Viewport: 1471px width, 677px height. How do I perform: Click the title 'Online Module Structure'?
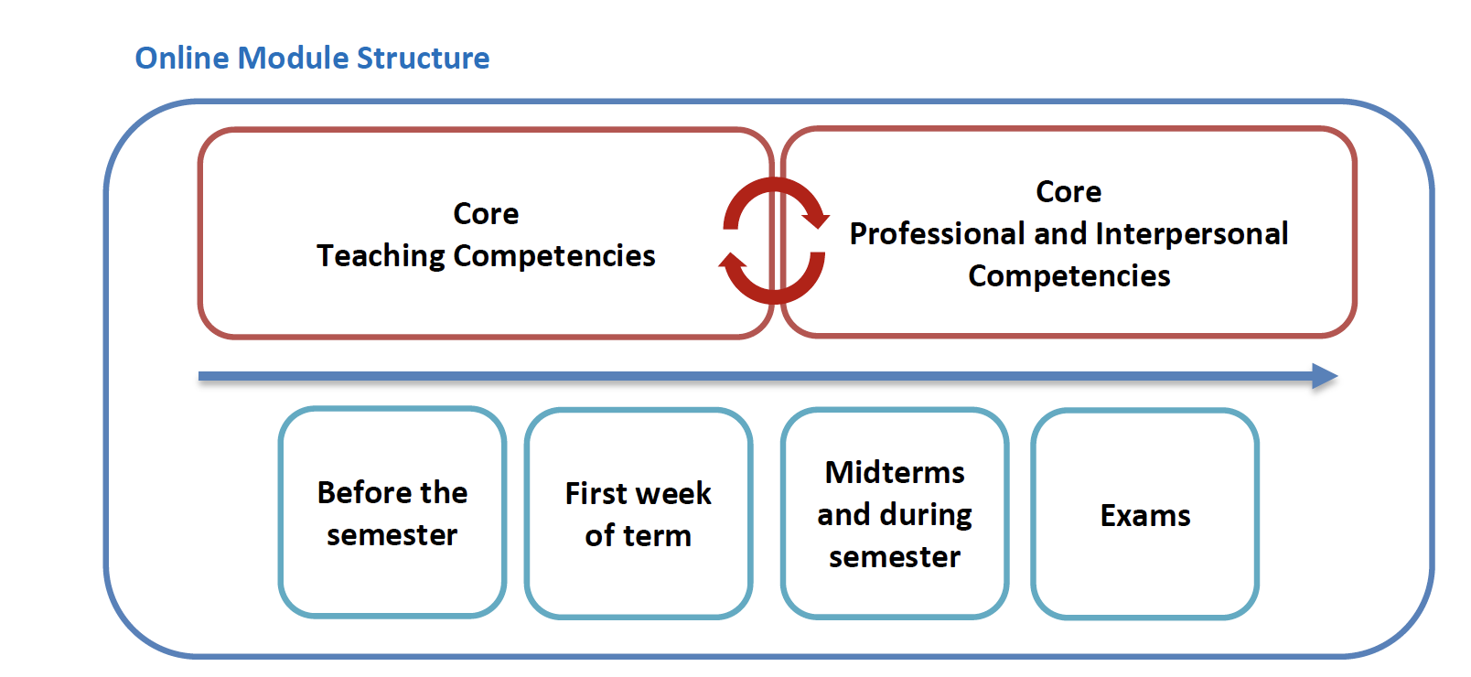coord(312,58)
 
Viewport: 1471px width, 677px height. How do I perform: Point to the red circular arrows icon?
coord(774,241)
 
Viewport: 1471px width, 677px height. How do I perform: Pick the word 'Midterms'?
coord(895,472)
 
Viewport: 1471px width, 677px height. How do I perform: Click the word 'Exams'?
coord(1145,516)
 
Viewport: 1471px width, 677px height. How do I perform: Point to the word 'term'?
coord(656,536)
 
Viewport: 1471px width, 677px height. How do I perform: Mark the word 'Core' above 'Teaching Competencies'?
coord(486,214)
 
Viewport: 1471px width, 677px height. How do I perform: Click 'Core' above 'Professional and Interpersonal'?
coord(1068,192)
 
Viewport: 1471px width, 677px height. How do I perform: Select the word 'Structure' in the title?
coord(423,58)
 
